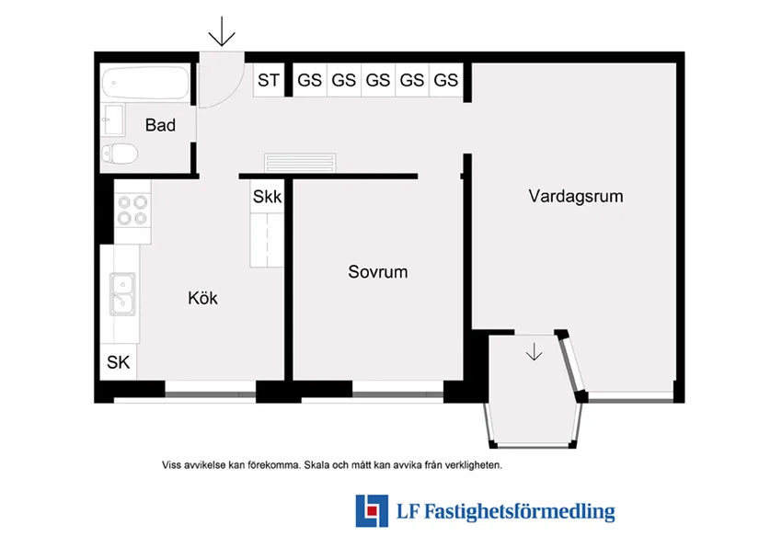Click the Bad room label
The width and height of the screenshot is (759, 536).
160,125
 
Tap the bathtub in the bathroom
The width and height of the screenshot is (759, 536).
146,86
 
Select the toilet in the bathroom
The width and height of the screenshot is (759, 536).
121,154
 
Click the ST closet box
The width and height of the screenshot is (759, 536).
268,80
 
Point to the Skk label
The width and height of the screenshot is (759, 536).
267,197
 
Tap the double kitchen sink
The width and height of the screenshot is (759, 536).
122,293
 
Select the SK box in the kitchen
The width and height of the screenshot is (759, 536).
118,362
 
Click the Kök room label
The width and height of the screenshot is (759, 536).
202,298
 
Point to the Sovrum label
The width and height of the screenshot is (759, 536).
377,272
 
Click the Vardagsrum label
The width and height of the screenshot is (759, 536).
576,196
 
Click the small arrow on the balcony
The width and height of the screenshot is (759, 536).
535,351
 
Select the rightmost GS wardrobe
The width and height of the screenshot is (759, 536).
445,80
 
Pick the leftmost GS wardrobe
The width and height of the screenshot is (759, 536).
309,80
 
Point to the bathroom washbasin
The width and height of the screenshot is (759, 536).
114,119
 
